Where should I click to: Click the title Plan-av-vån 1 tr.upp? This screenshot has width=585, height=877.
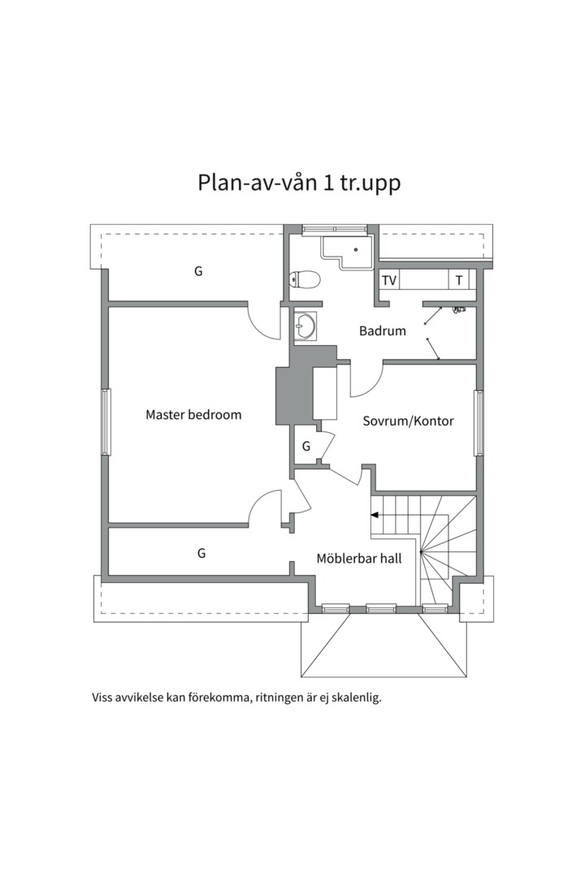coord(299,182)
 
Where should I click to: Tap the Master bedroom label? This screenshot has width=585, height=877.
coord(193,415)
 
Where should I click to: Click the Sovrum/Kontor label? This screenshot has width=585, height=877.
coord(408,421)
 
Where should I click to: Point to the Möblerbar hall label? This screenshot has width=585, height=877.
coord(358,558)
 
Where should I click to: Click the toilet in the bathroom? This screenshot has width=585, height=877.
coord(305,280)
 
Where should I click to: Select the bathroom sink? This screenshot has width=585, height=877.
coord(305,326)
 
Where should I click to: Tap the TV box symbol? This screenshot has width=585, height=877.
coord(389,280)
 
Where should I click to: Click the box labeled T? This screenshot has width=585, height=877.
coord(459,280)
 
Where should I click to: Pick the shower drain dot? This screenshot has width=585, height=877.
coord(355,250)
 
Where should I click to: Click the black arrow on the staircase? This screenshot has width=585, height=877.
coord(375,514)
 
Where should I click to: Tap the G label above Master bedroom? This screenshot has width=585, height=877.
coord(197,271)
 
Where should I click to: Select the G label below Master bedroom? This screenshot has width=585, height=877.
coord(201,553)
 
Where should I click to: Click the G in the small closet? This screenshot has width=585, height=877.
coord(306,446)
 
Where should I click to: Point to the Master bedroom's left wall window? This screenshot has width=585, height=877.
coord(105,421)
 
